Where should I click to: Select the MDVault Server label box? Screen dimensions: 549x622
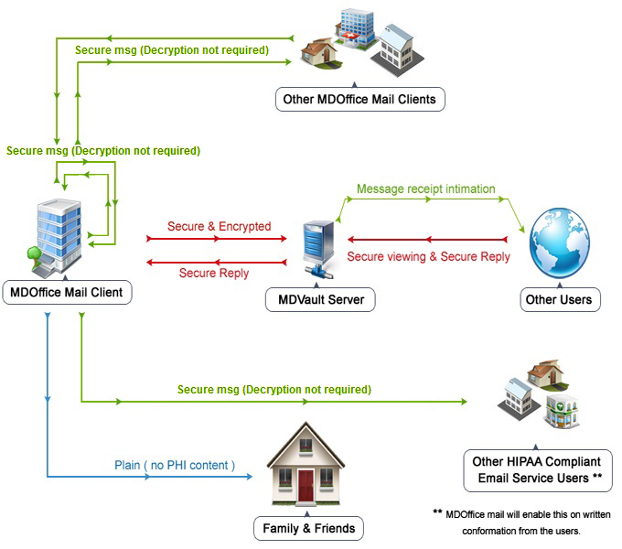tap(320, 298)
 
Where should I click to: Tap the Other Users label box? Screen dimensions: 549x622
tap(558, 298)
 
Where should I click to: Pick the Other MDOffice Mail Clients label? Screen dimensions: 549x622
tap(359, 98)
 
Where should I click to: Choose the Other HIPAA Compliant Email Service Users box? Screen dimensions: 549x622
tap(537, 470)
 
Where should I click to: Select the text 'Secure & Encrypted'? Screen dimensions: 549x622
tap(219, 226)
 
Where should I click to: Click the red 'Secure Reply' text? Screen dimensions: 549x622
tap(213, 273)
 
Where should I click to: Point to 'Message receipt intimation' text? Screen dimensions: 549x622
tap(425, 189)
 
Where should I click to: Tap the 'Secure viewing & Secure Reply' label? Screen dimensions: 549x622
tap(428, 257)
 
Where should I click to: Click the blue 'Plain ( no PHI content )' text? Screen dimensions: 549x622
tap(175, 465)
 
